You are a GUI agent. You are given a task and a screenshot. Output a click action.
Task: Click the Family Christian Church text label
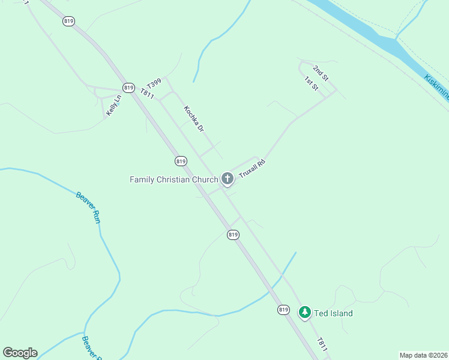tap(174, 179)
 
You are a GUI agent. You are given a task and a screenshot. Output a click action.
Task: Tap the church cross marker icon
tap(227, 178)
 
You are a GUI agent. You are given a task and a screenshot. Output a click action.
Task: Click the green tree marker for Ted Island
tap(305, 313)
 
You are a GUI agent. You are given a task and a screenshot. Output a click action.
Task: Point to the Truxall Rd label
tap(252, 167)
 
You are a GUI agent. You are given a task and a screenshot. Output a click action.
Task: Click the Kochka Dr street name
tap(194, 119)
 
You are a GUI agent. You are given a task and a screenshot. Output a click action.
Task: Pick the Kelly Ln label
tap(113, 105)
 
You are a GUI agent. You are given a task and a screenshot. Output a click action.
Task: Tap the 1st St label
tap(310, 84)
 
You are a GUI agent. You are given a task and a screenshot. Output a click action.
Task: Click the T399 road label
tap(154, 85)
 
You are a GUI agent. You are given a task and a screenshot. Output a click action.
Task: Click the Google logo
tap(20, 353)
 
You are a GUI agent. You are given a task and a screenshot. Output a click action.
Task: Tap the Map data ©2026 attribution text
tap(423, 355)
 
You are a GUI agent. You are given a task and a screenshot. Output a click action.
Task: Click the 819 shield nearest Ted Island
tap(284, 310)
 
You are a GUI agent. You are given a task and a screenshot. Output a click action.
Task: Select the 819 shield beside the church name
tap(181, 161)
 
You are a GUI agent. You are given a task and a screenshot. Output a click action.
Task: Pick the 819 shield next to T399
tap(127, 88)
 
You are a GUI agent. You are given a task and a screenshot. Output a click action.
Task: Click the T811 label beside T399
tap(148, 95)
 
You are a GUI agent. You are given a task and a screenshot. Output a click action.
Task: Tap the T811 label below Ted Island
tap(323, 344)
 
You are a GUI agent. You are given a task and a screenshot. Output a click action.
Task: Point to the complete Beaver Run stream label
tap(88, 207)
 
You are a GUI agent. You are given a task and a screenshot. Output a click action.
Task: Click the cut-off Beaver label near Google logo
tap(90, 347)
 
